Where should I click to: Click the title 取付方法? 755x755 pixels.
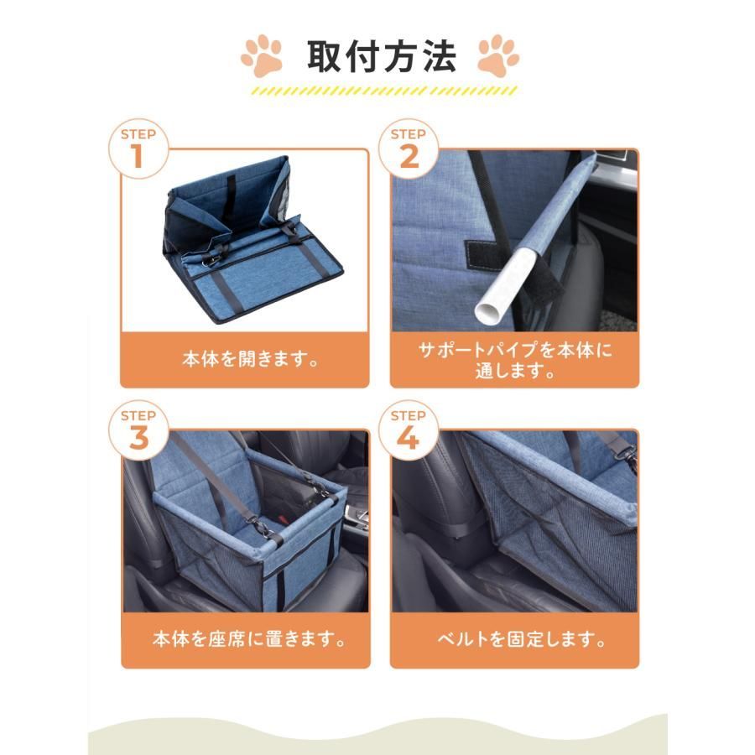(x=382, y=57)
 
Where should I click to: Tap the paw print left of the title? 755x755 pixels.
(x=262, y=55)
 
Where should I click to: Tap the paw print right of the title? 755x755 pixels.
(x=497, y=55)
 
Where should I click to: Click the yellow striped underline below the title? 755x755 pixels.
(x=384, y=91)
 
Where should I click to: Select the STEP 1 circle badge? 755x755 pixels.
(x=138, y=148)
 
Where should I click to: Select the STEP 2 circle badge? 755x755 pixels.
(x=409, y=148)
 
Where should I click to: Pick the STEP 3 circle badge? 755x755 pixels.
(x=138, y=430)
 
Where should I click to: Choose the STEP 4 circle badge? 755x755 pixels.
(x=409, y=430)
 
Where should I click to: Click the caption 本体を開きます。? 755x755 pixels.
(x=250, y=359)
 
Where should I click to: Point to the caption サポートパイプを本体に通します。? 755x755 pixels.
(x=515, y=360)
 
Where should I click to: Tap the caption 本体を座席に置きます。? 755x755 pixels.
(x=249, y=639)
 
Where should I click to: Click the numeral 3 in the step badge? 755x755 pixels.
(x=138, y=438)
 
